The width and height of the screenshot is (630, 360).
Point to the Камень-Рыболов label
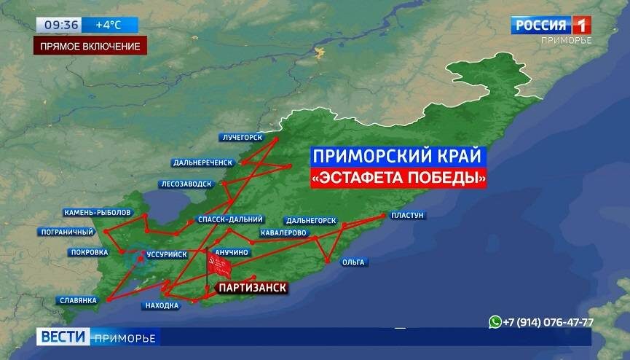(92, 212)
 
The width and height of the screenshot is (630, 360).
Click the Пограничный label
(66, 232)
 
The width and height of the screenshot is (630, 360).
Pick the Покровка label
(89, 253)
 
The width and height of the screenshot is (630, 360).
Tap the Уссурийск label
(167, 254)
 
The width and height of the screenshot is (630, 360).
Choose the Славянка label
(78, 300)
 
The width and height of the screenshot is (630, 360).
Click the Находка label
(162, 305)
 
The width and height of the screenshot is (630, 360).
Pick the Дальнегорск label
(311, 220)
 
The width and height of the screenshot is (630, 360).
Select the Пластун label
(407, 215)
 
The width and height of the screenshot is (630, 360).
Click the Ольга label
(355, 262)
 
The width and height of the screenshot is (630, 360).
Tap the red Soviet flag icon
(218, 267)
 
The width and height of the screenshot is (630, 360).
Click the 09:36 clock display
(61, 25)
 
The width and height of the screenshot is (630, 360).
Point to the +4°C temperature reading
(108, 25)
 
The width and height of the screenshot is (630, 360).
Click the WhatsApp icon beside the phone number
(496, 321)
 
